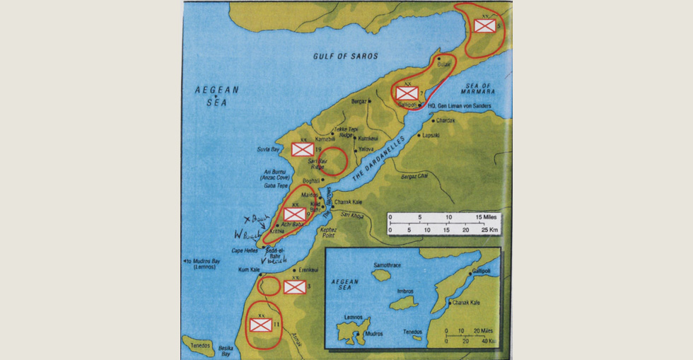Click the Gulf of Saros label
[x=345, y=56]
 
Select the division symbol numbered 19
[x=303, y=149]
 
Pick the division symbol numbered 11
[x=260, y=324]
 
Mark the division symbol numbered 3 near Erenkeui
[x=294, y=286]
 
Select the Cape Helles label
[x=245, y=250]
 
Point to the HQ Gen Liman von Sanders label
[x=458, y=107]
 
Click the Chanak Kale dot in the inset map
[x=450, y=303]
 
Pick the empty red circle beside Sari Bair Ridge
[x=333, y=161]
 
